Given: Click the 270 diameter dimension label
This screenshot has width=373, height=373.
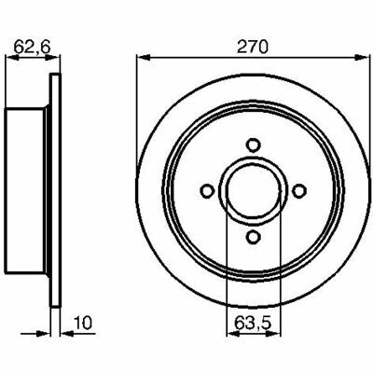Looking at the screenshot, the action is click(x=252, y=48).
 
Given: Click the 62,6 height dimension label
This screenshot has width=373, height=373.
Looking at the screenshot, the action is click(x=32, y=48).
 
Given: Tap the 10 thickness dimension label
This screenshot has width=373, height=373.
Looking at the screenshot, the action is click(x=83, y=323).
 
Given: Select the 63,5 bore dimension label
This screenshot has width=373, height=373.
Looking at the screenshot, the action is click(x=253, y=324).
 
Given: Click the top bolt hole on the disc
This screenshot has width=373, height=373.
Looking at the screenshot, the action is click(x=254, y=145).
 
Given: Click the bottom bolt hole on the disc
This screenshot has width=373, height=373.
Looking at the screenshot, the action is click(x=254, y=237).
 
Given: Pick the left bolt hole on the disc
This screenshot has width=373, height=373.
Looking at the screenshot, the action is click(x=207, y=191).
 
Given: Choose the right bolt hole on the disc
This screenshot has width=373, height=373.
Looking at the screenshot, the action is click(x=299, y=191).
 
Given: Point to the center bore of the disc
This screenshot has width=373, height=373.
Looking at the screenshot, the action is click(x=254, y=191).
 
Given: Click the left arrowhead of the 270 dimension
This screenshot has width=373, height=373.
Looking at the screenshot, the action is click(x=144, y=58).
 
